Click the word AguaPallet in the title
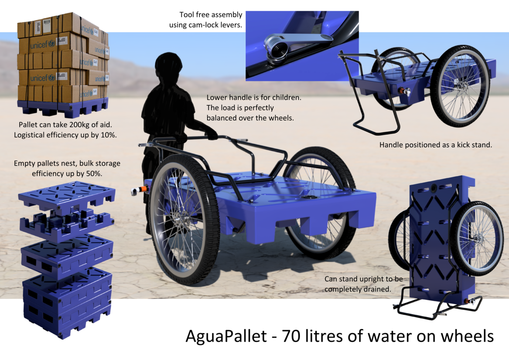(x=226, y=336)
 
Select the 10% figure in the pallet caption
(x=108, y=135)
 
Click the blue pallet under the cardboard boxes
(x=62, y=108)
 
